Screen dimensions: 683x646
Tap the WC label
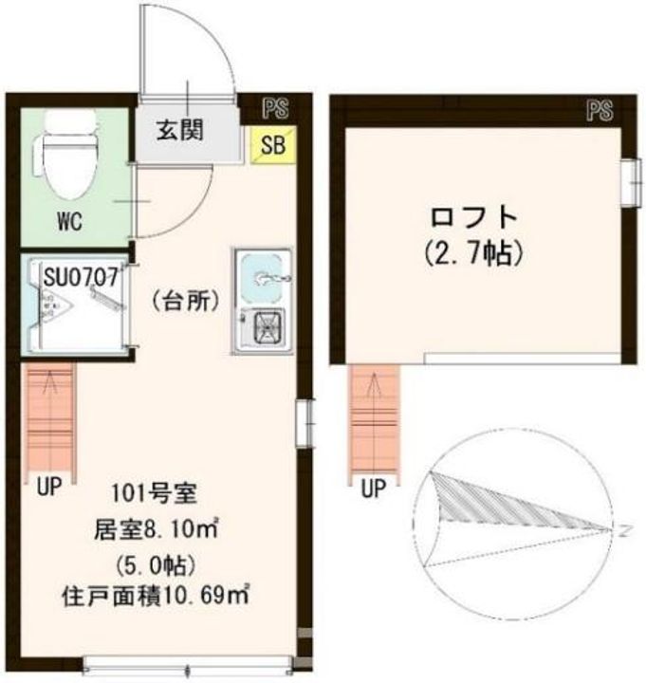68,224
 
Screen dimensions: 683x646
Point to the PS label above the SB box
276,107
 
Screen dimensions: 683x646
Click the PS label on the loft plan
600,111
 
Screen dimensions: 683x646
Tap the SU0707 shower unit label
82,277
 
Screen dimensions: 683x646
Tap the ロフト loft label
475,216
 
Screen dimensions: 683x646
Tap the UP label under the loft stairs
374,489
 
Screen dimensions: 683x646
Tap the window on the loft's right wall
628,181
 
